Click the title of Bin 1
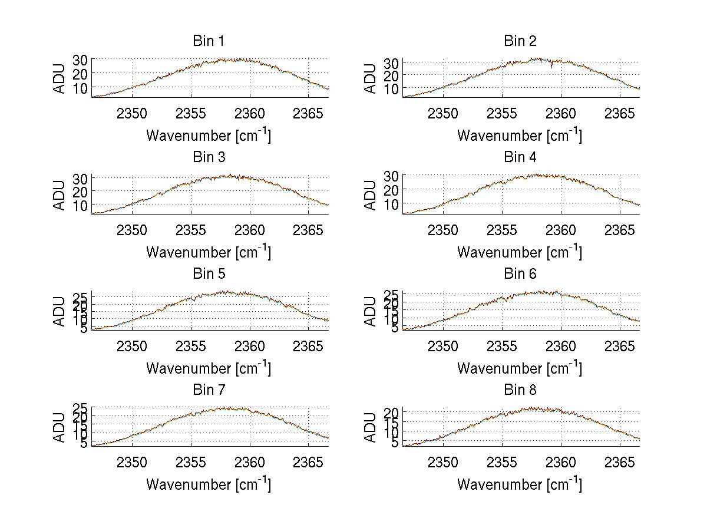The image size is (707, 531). pyautogui.click(x=208, y=41)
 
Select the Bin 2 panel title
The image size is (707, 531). pyautogui.click(x=520, y=41)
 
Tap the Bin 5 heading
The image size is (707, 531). pyautogui.click(x=208, y=274)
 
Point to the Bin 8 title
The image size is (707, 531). pyautogui.click(x=520, y=390)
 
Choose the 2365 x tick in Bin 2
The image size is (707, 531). pyautogui.click(x=620, y=114)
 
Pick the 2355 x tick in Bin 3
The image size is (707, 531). pyautogui.click(x=191, y=230)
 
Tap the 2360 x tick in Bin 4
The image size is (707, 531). pyautogui.click(x=561, y=230)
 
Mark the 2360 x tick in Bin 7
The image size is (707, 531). pyautogui.click(x=250, y=463)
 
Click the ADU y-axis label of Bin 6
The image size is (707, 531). pyautogui.click(x=371, y=311)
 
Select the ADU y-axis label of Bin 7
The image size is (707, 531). pyautogui.click(x=60, y=427)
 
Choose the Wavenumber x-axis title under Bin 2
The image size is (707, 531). pyautogui.click(x=520, y=136)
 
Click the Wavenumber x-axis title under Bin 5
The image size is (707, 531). pyautogui.click(x=208, y=368)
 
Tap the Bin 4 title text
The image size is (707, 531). pyautogui.click(x=520, y=157)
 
